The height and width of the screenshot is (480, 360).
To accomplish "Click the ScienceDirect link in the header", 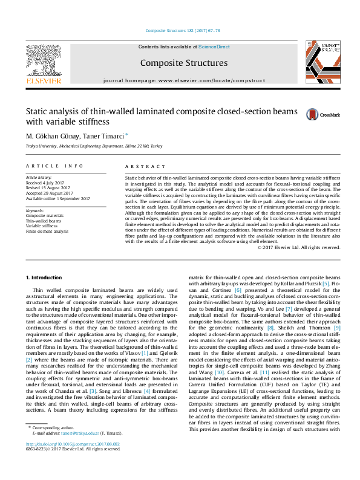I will [214, 46].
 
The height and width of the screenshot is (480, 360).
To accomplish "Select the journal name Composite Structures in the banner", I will [183, 63].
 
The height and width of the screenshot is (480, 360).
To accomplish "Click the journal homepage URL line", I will [183, 80].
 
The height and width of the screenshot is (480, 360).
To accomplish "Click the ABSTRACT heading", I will [145, 166].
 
